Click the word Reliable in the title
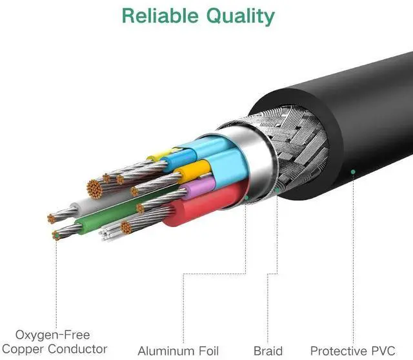click(x=160, y=15)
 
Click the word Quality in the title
click(x=241, y=17)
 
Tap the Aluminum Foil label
click(x=178, y=351)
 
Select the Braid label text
click(x=268, y=351)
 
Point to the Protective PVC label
click(x=353, y=351)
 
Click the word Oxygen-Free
click(x=53, y=335)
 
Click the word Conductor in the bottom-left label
click(x=77, y=349)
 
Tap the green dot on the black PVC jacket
click(x=353, y=172)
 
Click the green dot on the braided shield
click(x=277, y=190)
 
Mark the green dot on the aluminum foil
click(x=247, y=197)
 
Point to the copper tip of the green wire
click(x=56, y=235)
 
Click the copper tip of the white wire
click(x=51, y=219)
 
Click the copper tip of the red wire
click(x=126, y=228)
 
